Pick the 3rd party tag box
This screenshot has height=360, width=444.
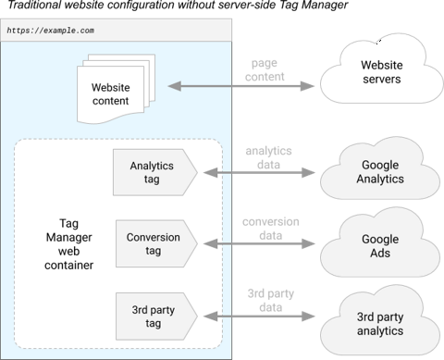tap(154, 316)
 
